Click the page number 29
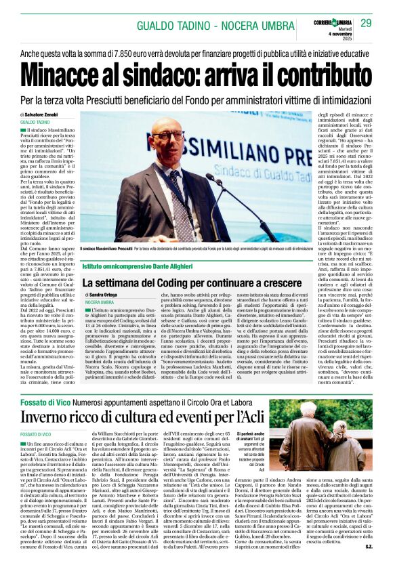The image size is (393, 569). tap(366, 23)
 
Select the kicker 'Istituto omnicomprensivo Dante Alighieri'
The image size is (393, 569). tap(137, 269)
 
